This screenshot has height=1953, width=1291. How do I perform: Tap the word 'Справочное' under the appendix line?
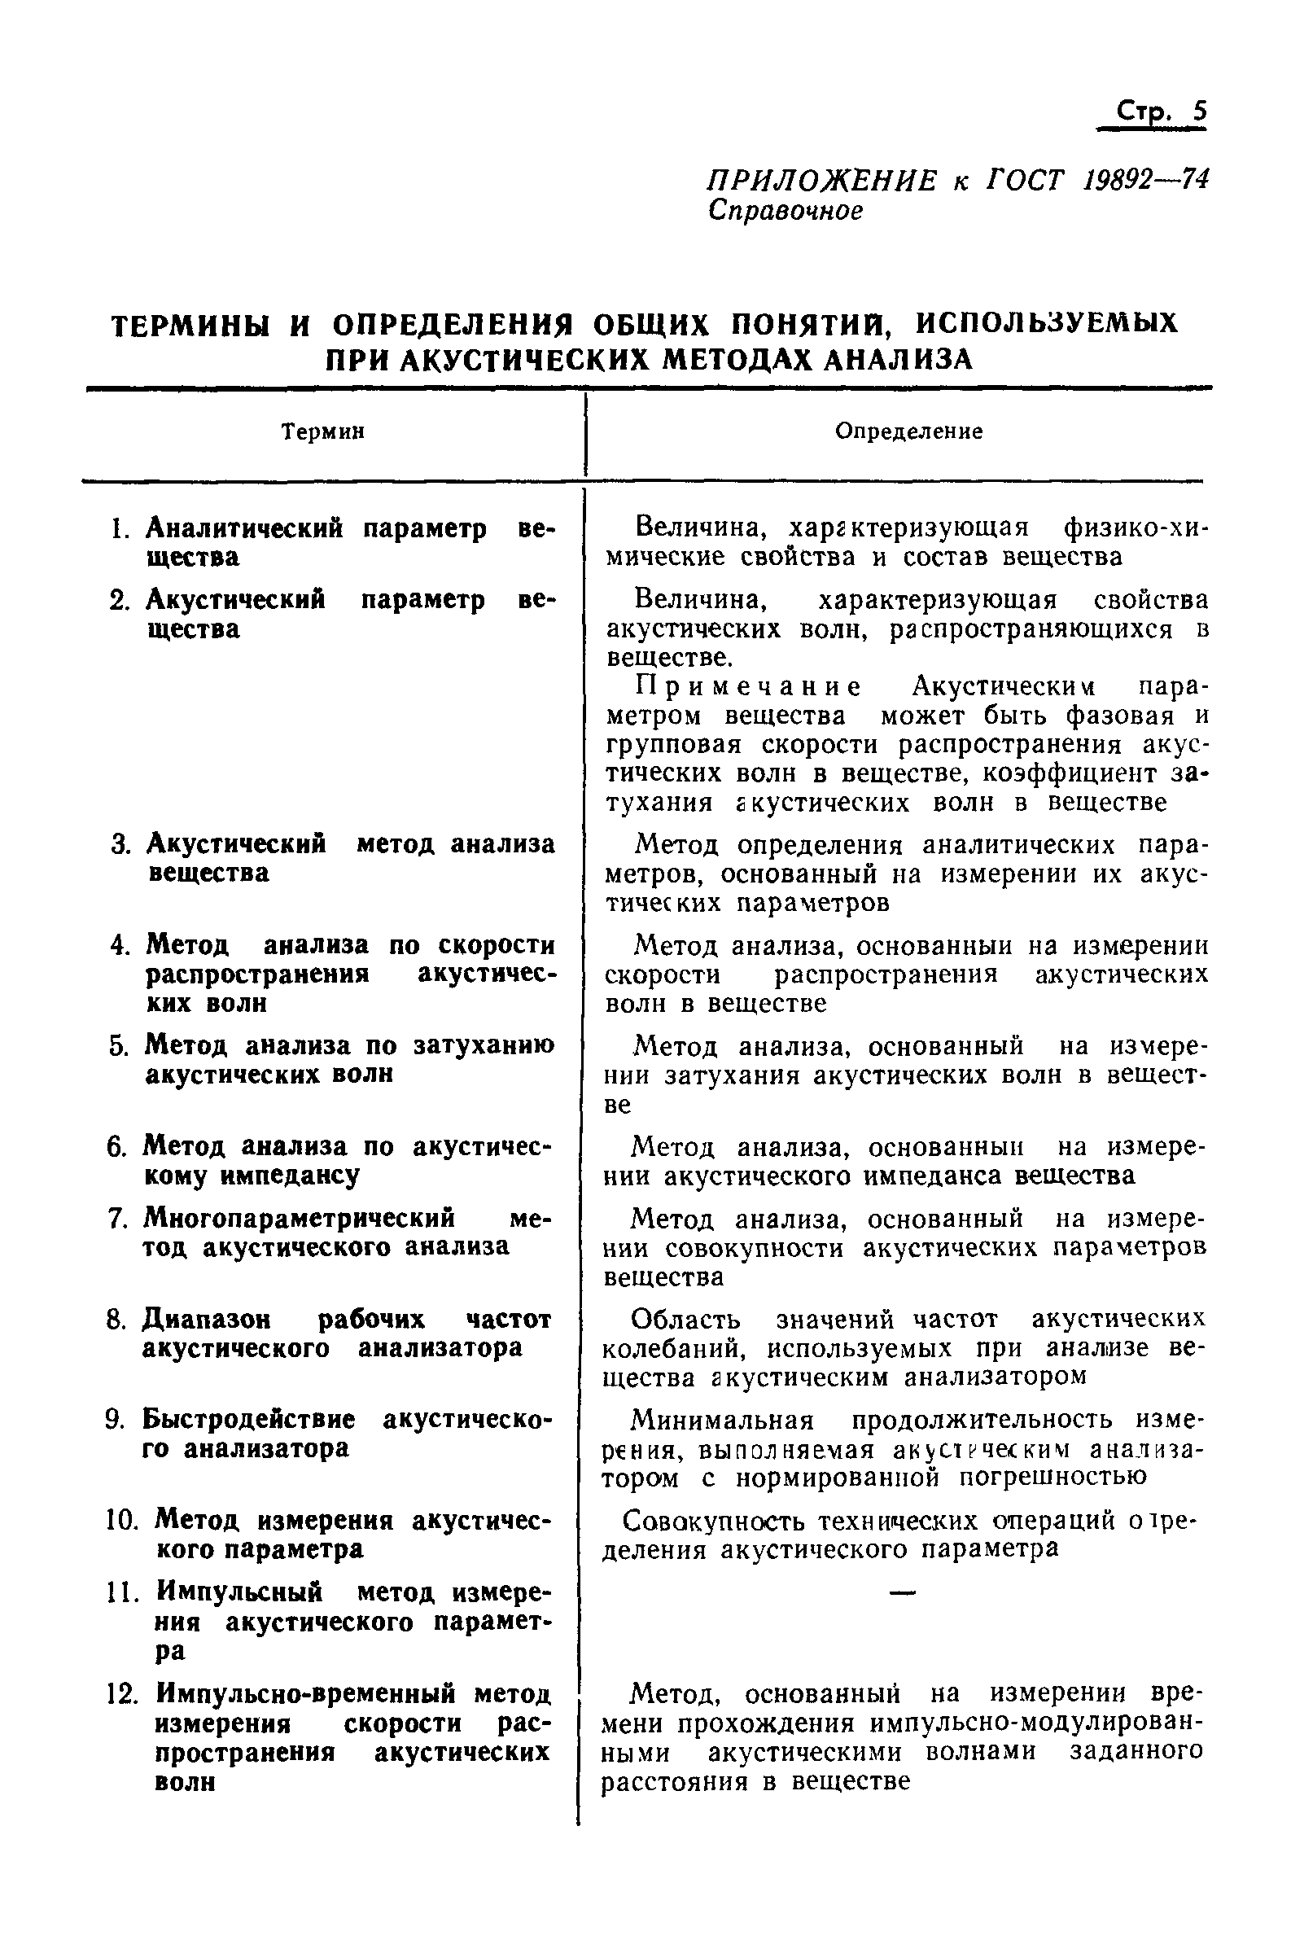(786, 211)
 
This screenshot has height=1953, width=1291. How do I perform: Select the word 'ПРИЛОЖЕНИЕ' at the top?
(822, 180)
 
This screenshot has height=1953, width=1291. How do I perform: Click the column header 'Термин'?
(322, 431)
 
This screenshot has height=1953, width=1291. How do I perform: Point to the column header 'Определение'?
(909, 431)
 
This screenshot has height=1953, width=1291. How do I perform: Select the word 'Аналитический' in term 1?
(243, 528)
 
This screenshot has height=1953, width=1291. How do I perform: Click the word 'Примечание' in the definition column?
(748, 685)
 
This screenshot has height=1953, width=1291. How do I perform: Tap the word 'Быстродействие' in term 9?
(247, 1420)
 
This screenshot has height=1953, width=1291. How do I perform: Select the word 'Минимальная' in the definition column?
(722, 1421)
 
